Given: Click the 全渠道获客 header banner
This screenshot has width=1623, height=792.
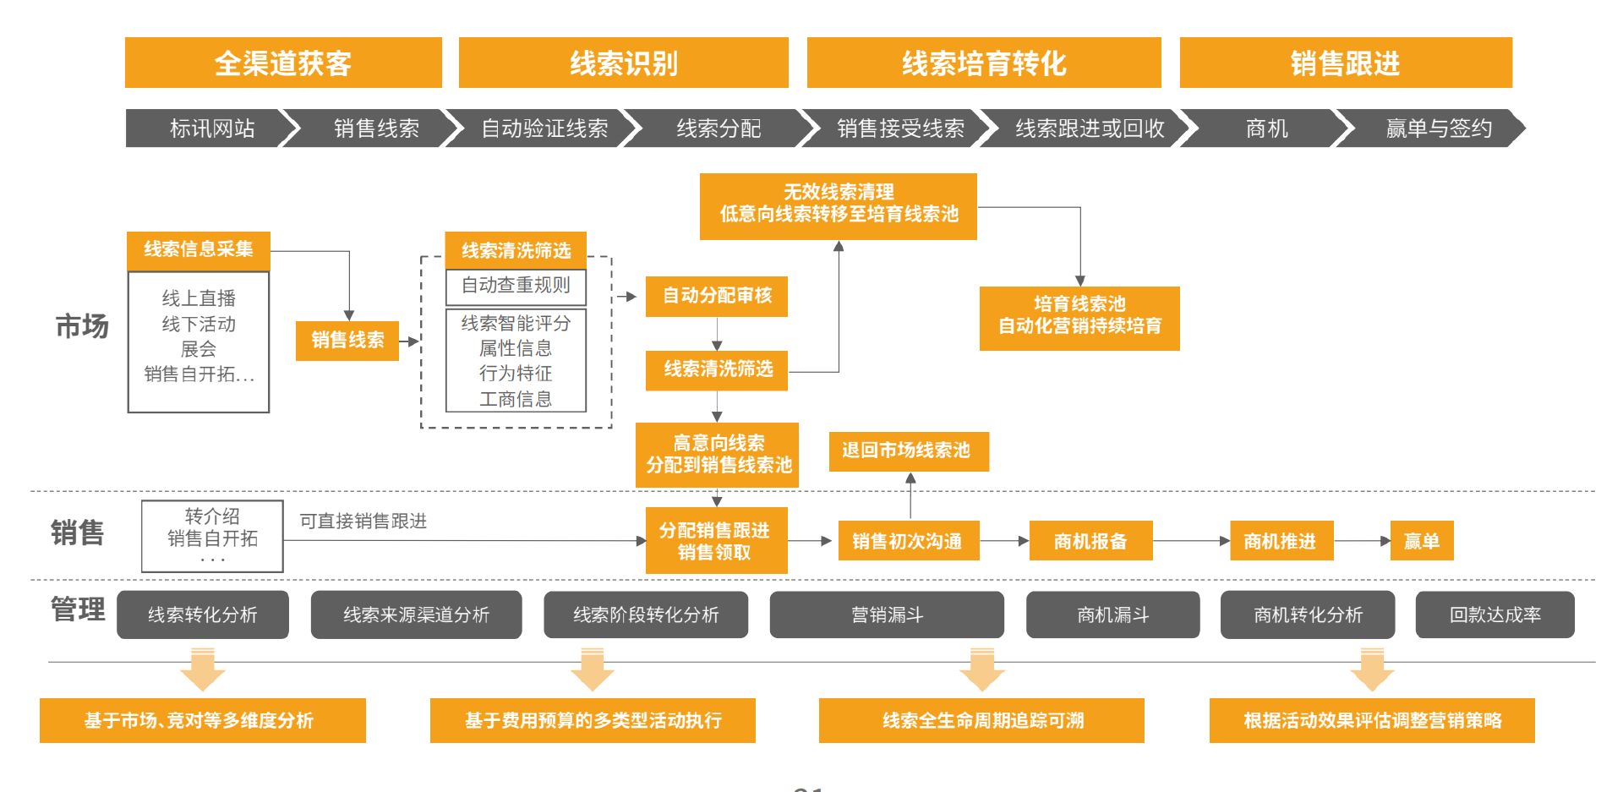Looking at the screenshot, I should point(283,63).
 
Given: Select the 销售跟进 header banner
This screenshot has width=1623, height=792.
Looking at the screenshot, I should point(1345,63).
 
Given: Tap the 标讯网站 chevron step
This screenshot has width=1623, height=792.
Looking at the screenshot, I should point(207,128).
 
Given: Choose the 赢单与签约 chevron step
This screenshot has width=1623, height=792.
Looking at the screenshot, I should point(1437,128).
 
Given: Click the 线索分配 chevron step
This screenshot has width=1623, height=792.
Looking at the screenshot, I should point(719,128).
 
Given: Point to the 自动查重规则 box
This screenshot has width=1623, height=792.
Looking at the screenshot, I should point(516,286).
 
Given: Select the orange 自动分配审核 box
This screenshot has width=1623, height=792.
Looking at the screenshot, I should point(717,296).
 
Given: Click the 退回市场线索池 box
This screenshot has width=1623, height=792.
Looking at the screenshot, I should point(908,451).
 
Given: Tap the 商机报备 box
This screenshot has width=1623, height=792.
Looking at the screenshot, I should point(1090,542).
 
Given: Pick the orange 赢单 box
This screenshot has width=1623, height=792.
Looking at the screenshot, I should point(1422,542).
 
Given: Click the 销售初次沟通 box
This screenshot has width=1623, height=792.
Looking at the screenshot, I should point(908,542).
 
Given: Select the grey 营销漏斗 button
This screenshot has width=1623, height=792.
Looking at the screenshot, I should point(887,614).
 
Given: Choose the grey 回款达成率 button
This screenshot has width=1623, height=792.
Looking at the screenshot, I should point(1495,614).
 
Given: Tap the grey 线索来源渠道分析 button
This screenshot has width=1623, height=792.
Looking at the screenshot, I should point(416,614).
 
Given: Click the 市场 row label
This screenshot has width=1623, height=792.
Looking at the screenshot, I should point(82,326).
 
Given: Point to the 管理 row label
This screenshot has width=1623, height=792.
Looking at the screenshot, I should point(78,609).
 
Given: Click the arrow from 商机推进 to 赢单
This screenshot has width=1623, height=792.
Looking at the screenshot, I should point(1362,541).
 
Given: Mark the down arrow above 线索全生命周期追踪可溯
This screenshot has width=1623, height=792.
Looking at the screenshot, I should point(981,669).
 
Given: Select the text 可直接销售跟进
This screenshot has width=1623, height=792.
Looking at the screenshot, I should point(363,522).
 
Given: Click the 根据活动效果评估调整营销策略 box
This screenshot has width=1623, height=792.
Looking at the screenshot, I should point(1372,721).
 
